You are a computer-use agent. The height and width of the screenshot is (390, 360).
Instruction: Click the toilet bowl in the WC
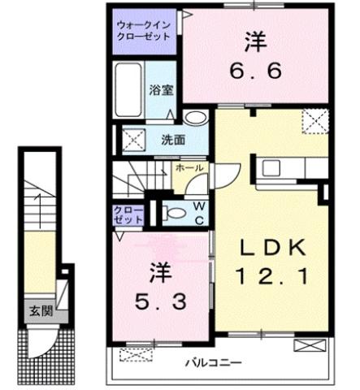pos(173,213)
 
